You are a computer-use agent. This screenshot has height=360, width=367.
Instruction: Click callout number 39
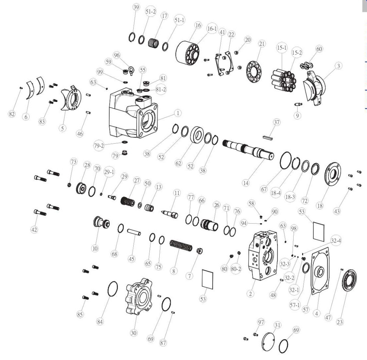136,7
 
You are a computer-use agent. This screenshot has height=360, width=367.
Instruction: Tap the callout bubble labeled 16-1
212,29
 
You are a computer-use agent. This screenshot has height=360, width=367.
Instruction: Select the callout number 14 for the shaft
246,183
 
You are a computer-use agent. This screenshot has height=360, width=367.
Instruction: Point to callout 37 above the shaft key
277,122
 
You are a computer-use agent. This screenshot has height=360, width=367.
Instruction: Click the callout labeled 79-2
99,146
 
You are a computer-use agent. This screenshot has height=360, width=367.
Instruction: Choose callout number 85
80,315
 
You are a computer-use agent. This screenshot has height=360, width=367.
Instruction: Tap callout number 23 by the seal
339,322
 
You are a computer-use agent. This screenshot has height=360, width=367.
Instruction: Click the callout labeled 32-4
336,240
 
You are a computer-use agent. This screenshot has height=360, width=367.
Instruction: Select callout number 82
12,114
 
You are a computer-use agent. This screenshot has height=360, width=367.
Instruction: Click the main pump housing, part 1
133,113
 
